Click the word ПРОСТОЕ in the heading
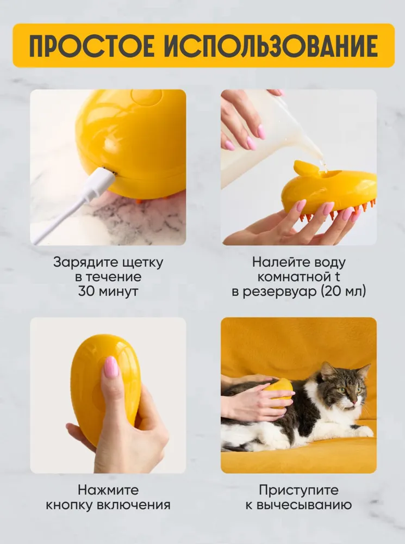pos(92,46)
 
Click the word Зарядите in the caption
pos(81,263)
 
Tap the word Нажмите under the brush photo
pos(108,490)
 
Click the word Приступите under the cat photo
pos(298,491)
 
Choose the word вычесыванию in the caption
pos(304,505)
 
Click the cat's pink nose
pos(353,403)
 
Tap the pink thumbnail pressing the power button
pos(111,367)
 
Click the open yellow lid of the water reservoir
pos(305,168)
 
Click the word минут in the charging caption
pos(119,292)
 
